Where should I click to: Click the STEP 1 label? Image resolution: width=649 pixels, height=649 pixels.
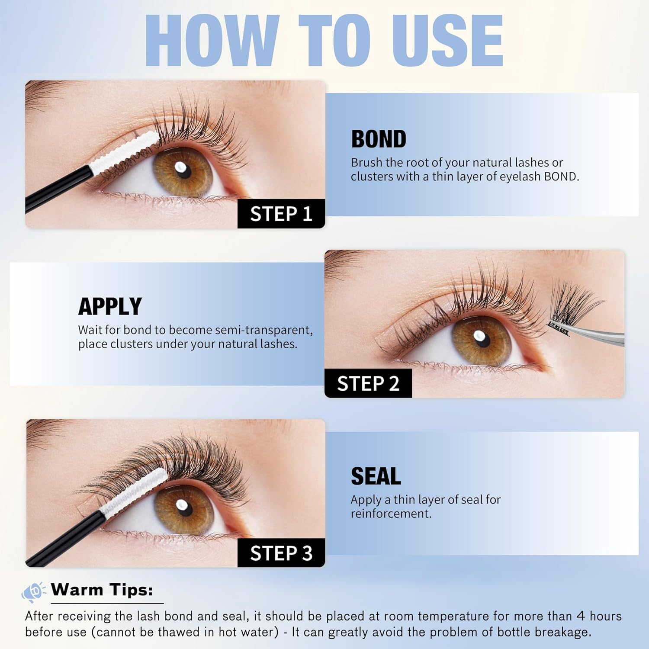pos(281,214)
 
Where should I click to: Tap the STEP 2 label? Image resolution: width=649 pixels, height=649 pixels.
pos(368,383)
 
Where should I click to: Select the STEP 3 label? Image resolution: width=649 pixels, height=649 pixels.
pos(281,553)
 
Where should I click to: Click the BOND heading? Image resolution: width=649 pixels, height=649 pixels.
pos(379,139)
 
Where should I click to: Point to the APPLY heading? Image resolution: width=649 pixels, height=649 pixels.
pos(110,306)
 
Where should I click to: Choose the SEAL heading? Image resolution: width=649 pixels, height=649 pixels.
pos(376,476)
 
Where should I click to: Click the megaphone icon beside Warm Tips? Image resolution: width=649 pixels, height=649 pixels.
pos(33,591)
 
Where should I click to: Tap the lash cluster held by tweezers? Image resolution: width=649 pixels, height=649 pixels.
pos(571,305)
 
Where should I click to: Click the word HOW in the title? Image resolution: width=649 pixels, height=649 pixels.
pos(212,41)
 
